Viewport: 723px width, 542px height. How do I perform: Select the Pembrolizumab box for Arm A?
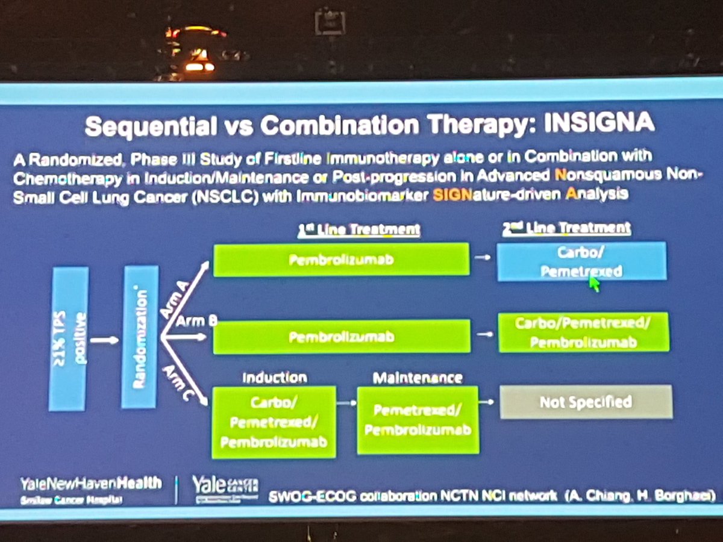[x=341, y=260]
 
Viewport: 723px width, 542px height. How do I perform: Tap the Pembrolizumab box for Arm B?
[x=341, y=336]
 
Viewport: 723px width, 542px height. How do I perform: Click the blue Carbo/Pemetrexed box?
[x=581, y=261]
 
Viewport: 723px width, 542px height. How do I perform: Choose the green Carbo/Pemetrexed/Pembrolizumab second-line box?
[x=583, y=331]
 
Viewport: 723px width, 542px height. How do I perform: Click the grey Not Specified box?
[x=586, y=402]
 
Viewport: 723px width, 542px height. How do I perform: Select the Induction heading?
[x=274, y=378]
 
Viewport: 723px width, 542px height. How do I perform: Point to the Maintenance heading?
[x=417, y=378]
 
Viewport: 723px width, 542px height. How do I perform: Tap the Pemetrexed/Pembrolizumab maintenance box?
[x=417, y=420]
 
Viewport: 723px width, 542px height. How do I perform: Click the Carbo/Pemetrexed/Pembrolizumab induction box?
[x=274, y=423]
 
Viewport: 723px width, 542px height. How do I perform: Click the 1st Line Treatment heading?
[x=359, y=229]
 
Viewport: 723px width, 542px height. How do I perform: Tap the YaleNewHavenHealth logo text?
[x=90, y=483]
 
